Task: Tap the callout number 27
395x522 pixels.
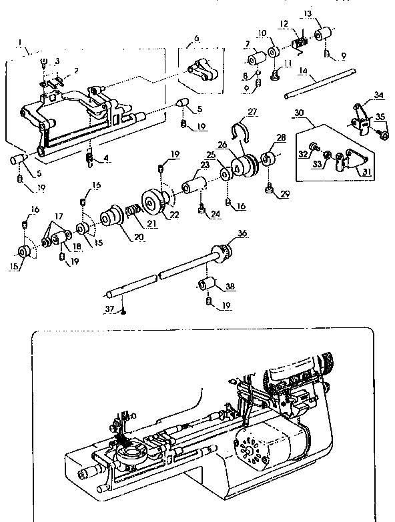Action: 252,111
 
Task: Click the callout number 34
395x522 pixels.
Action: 360,95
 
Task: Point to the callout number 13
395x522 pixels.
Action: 326,13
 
